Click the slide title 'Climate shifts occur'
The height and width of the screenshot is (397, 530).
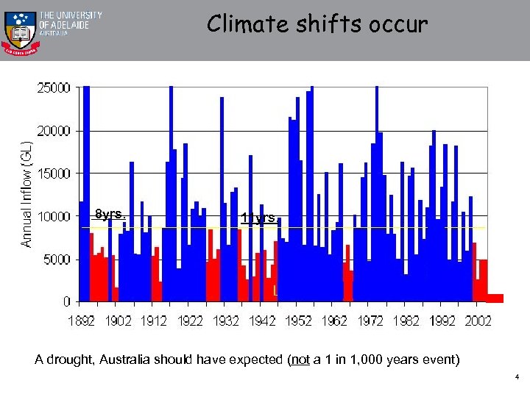click(x=317, y=24)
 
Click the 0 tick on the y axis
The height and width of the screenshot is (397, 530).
click(x=67, y=301)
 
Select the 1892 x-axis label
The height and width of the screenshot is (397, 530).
click(x=82, y=321)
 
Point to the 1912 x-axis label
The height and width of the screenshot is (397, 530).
click(x=154, y=321)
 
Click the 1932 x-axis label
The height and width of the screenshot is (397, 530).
click(x=226, y=321)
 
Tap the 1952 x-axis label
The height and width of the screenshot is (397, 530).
click(x=298, y=321)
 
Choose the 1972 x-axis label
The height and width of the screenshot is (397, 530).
click(x=370, y=321)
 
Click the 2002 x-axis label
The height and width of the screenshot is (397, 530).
click(x=478, y=321)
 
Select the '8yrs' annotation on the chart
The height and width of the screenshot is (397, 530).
click(x=110, y=215)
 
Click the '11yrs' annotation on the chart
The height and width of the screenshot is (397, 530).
click(x=259, y=218)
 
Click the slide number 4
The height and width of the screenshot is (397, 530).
click(x=517, y=378)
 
